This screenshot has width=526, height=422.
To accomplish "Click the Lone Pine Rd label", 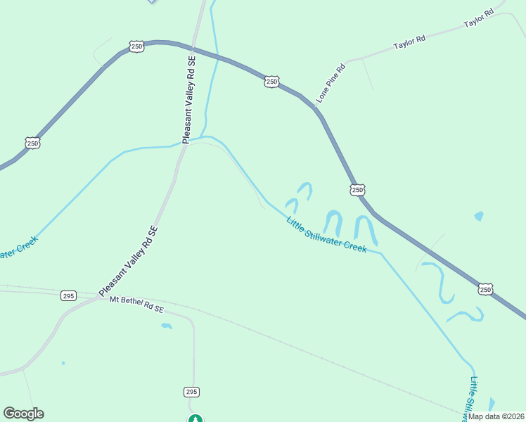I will pyautogui.click(x=331, y=83).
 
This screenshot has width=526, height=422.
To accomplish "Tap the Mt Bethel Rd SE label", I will pyautogui.click(x=136, y=305).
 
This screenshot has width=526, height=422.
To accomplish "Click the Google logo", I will pyautogui.click(x=23, y=414).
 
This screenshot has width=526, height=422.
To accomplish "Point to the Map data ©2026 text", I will pyautogui.click(x=496, y=416).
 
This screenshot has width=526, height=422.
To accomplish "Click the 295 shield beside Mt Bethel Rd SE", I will pyautogui.click(x=68, y=295).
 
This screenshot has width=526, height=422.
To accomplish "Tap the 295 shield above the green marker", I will pyautogui.click(x=192, y=391).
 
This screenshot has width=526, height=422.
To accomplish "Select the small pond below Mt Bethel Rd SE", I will pyautogui.click(x=167, y=326).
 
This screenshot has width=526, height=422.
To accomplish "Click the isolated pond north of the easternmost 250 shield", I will pyautogui.click(x=479, y=216).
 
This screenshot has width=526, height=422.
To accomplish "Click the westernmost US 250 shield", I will pyautogui.click(x=33, y=143).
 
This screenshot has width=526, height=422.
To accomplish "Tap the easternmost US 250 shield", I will pyautogui.click(x=486, y=289).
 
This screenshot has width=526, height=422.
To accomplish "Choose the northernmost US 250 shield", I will pyautogui.click(x=136, y=46).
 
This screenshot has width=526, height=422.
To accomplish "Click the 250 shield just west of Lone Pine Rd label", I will pyautogui.click(x=272, y=82).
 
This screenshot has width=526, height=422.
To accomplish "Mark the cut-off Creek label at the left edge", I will pyautogui.click(x=18, y=247).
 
